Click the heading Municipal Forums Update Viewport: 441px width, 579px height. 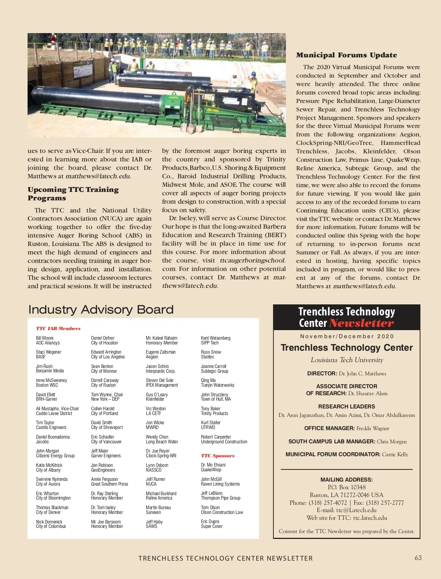347,55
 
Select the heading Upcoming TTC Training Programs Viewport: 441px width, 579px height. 73,194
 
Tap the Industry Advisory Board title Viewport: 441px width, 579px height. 101,310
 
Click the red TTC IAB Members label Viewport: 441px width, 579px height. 58,328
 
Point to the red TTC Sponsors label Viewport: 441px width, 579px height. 218,455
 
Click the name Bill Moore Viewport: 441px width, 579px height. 45,338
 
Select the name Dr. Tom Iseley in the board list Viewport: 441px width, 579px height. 103,507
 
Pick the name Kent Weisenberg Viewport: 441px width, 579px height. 216,338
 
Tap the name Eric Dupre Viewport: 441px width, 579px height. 210,521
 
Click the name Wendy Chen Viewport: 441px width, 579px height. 157,437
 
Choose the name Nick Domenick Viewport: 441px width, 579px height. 49,522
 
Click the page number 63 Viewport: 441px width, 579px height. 418,558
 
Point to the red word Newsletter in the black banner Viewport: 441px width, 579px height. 361,323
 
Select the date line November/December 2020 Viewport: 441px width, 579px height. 347,336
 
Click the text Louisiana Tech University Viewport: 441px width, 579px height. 347,360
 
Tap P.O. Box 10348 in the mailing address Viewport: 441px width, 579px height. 347,487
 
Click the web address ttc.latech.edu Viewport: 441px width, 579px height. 370,518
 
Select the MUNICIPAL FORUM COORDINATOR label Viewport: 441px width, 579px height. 333,454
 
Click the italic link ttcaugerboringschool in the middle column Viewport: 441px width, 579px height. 252,260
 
